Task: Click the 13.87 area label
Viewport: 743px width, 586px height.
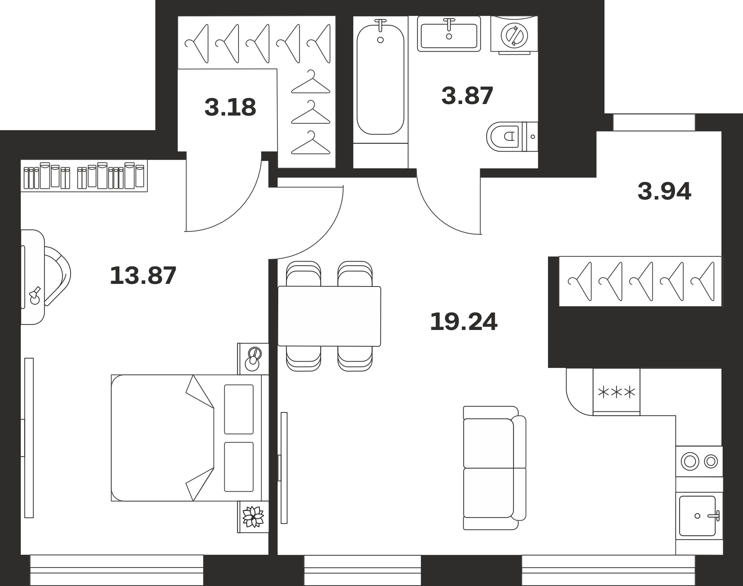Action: coord(143,276)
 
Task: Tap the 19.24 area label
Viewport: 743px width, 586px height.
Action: coord(463,322)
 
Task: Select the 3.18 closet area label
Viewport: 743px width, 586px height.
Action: coord(230,107)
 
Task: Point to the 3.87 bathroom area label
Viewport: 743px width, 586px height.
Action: coord(467,95)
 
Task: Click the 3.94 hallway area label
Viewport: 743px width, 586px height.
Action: coord(664,191)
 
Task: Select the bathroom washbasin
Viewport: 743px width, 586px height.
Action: coord(449,34)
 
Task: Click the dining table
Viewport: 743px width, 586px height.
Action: coord(330,316)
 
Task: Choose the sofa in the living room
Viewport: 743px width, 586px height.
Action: coord(494,468)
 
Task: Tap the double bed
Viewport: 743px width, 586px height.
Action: coord(190,438)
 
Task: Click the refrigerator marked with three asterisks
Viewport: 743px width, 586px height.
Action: coord(616,391)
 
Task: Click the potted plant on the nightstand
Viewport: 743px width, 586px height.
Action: coord(253,517)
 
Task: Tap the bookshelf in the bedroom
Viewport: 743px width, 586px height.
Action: coord(84,176)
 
